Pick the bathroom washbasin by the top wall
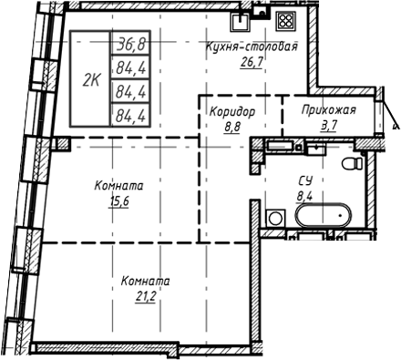279,146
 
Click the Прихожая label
330,111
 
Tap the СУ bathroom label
304,180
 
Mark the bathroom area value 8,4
304,194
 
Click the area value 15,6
118,202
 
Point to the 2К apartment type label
91,79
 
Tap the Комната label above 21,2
146,281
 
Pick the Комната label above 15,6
118,186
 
